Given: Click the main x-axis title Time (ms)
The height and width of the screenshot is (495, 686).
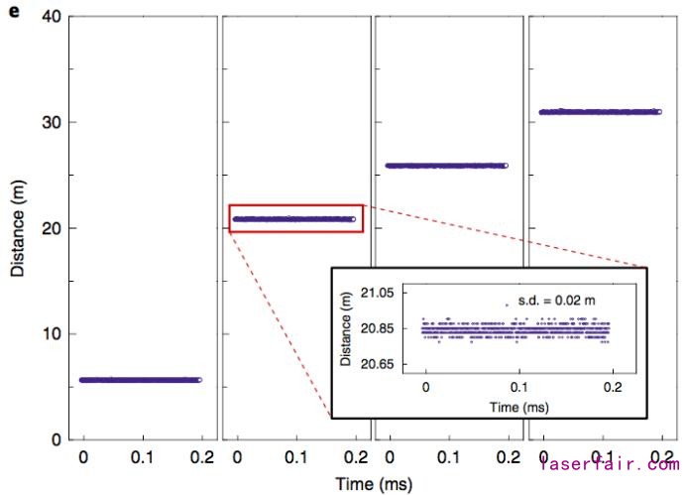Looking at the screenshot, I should [x=373, y=484].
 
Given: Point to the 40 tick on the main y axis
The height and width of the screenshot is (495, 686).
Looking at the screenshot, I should [x=52, y=17].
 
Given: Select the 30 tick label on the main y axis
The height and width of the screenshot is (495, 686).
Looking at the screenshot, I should [x=52, y=123].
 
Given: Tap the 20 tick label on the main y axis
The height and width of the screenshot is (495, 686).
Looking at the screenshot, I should [x=52, y=228].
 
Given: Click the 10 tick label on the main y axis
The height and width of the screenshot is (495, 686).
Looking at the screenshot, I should [x=52, y=334].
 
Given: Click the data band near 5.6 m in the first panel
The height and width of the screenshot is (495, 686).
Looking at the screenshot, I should [x=141, y=380].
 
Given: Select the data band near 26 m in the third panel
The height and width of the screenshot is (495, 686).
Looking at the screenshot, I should [x=446, y=166].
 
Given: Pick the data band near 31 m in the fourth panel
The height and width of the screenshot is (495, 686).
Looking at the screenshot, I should [x=600, y=112].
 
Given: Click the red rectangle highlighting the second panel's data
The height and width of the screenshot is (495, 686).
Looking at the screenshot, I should [x=296, y=218].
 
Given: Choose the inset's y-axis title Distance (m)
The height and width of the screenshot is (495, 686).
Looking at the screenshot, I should [x=346, y=329].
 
